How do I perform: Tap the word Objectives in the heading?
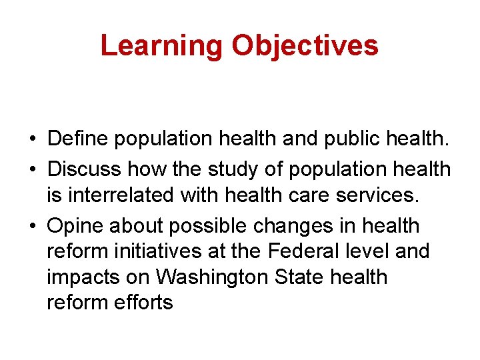coord(305,45)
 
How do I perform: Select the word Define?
coord(78,139)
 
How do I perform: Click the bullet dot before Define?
coord(32,139)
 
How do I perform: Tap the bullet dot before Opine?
coord(32,227)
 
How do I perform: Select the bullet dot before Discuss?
coord(32,169)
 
